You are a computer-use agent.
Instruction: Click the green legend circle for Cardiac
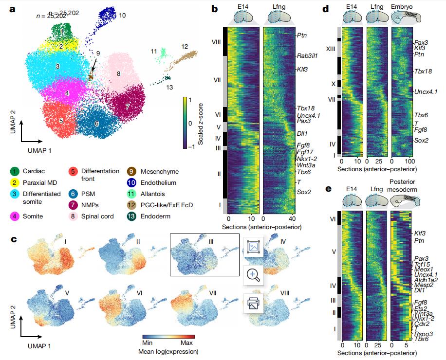point(16,171)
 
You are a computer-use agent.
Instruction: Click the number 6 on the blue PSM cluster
point(97,124)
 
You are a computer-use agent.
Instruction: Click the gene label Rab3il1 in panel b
point(307,56)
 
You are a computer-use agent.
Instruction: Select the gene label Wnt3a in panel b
point(305,165)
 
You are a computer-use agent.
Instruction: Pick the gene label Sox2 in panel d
point(422,140)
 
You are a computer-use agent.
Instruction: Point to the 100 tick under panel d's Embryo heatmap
point(409,161)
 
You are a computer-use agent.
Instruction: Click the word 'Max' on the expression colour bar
point(187,343)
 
